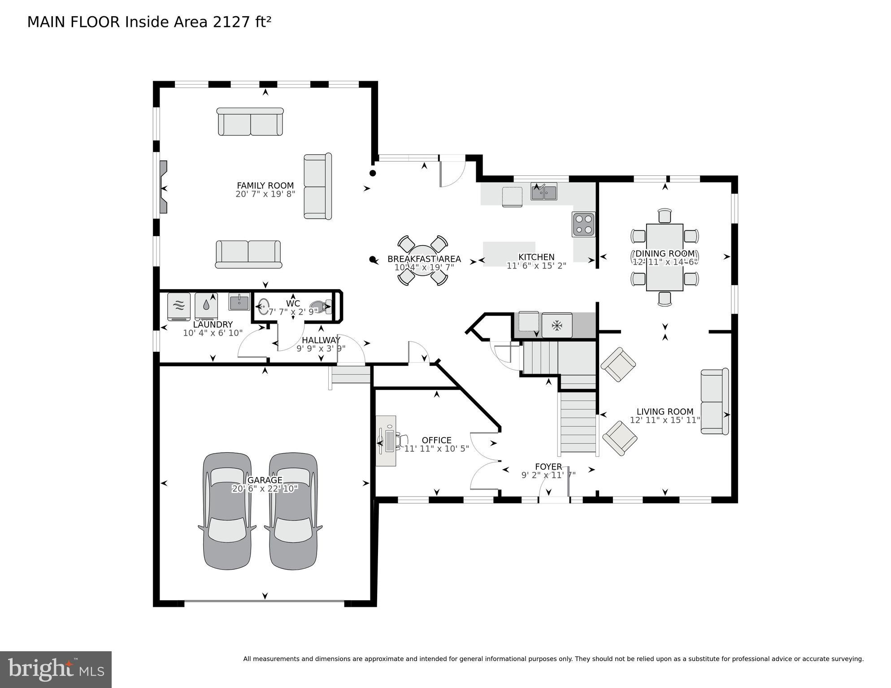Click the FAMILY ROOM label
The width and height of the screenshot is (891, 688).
[265, 186]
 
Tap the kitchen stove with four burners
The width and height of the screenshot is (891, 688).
[583, 224]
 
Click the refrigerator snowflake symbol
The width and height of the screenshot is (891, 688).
[557, 326]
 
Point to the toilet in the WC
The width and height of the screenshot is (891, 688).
[321, 307]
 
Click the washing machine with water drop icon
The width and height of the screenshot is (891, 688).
[206, 306]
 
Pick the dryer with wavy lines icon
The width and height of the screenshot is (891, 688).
[179, 306]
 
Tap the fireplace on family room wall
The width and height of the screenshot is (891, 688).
[164, 188]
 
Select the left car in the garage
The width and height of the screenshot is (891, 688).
[227, 511]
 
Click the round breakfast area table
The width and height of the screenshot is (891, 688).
[422, 260]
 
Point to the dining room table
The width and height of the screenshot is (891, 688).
[665, 257]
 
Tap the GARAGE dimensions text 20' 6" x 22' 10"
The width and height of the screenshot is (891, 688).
[265, 489]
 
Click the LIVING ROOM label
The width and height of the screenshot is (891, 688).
[665, 411]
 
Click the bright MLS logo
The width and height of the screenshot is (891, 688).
[56, 670]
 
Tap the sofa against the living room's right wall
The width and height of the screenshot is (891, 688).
[714, 402]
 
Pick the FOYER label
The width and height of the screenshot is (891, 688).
[548, 467]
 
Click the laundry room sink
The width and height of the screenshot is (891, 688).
[239, 302]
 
